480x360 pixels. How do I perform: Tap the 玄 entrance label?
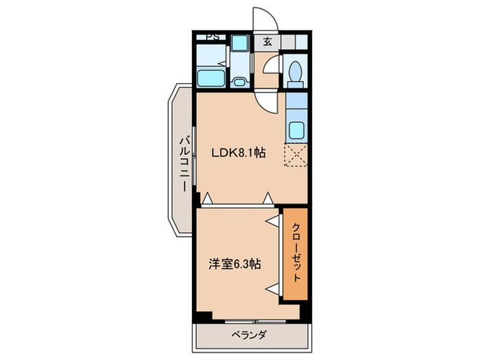pos(267,41)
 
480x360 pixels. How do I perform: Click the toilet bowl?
pos(296,71)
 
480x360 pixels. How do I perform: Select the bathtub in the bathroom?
pos(211,77)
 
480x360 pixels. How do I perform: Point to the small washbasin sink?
pos(239,82)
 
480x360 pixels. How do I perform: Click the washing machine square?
pos(239,43)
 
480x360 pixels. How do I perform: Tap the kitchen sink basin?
pos(297,130)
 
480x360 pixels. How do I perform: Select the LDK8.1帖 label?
pos(238,154)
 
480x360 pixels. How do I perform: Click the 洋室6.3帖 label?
pos(234,263)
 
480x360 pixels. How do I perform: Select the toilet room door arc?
pos(273,69)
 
